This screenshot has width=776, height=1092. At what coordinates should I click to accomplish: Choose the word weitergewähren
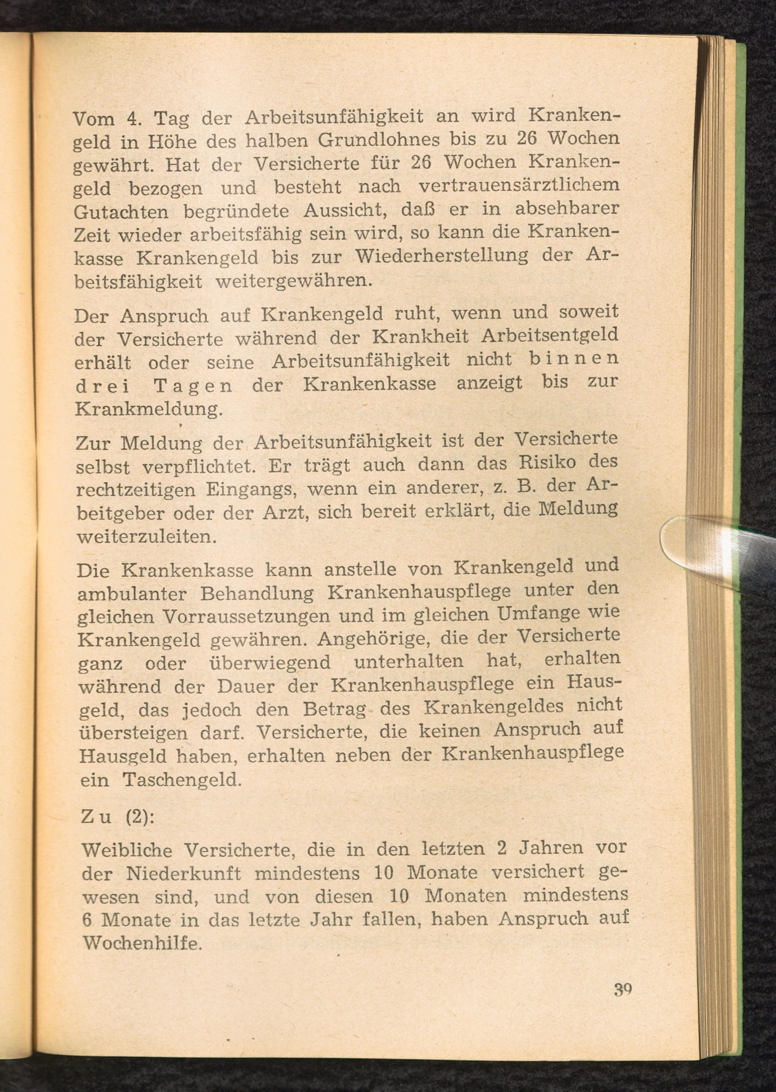coord(293,281)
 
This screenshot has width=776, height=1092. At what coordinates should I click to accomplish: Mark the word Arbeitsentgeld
coord(549,335)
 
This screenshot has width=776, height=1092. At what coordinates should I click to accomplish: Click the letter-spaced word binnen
coord(567,358)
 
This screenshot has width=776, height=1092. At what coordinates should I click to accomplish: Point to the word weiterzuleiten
coord(147,536)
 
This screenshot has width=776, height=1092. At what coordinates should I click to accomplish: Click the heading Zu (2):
coord(118,817)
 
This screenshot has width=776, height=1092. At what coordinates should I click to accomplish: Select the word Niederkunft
coord(184,874)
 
